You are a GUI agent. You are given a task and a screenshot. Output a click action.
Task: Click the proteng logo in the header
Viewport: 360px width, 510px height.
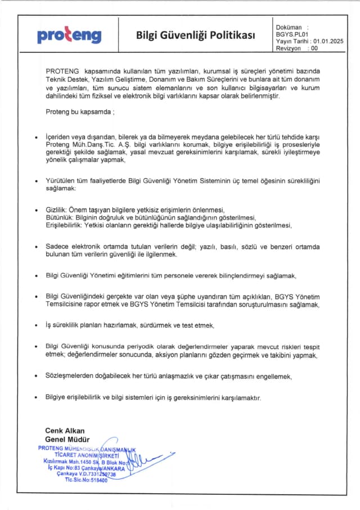click(69, 35)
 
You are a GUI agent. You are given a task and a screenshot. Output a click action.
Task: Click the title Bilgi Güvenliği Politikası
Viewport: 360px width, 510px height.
click(196, 35)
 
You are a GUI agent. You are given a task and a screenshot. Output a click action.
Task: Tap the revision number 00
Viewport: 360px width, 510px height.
click(314, 48)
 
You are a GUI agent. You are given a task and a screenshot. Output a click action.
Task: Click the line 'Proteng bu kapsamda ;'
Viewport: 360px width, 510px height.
click(79, 112)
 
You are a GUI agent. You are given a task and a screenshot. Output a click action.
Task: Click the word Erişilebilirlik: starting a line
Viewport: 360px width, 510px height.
click(64, 225)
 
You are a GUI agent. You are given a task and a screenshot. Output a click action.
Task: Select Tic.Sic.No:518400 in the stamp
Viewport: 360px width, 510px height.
click(85, 480)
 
